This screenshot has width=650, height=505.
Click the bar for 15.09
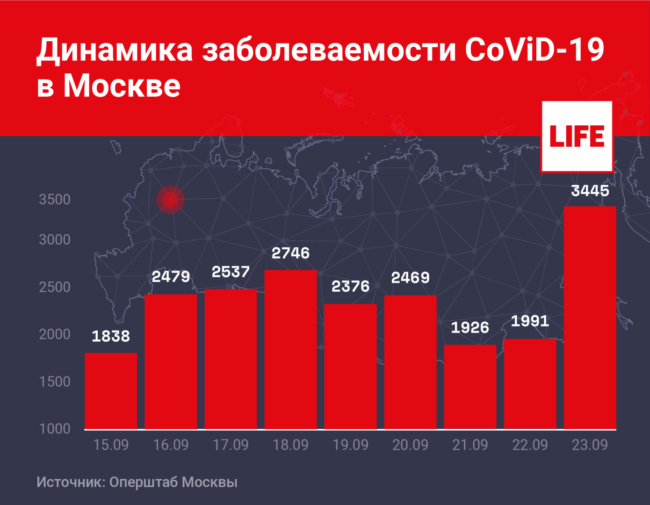tap(111, 391)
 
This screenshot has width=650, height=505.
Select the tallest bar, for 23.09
tap(590, 317)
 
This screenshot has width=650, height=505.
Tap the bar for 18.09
tap(290, 349)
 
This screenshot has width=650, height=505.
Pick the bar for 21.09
tap(470, 387)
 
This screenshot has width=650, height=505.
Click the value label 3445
tap(590, 191)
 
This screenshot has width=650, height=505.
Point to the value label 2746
tap(290, 253)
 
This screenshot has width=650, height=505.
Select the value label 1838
tap(111, 336)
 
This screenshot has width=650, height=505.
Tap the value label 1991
tap(530, 321)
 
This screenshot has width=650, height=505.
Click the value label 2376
tap(350, 286)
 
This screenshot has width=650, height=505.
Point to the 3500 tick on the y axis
tap(55, 200)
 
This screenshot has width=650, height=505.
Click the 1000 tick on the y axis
tap(55, 429)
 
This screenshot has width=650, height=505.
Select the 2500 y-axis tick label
tap(55, 287)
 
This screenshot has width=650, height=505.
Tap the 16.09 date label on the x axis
tap(171, 445)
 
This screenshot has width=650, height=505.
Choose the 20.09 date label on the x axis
tap(410, 445)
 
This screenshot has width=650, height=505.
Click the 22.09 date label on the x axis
tap(530, 445)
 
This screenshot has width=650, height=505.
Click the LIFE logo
tap(577, 136)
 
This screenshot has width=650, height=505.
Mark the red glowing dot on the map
tap(170, 200)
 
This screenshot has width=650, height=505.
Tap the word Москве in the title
tap(122, 86)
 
